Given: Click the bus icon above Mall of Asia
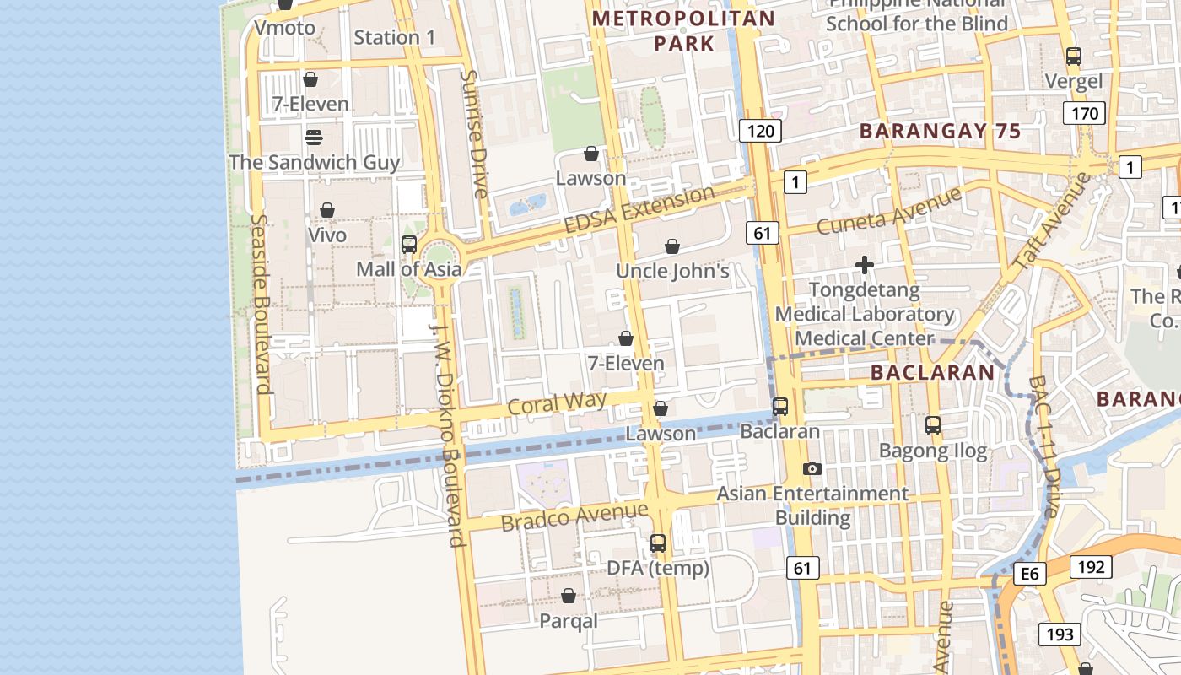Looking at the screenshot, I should point(409,245).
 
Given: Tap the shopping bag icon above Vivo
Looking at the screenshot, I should point(326,210).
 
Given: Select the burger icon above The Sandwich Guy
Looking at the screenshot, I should point(314,137).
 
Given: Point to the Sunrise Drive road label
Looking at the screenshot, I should point(475,133).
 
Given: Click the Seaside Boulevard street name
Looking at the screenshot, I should point(261,304).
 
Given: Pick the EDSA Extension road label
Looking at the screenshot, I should point(639,210).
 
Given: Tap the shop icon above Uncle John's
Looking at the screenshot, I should point(672,246).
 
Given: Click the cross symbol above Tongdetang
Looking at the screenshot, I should point(864,266).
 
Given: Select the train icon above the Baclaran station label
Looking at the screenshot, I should point(780,407).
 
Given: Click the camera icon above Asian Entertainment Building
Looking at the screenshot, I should point(812,468).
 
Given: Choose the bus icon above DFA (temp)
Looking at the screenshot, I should point(658,543).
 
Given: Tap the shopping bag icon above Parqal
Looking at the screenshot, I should point(569,597).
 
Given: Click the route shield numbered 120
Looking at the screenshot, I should point(760,131).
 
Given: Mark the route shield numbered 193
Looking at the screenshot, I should point(1060,634).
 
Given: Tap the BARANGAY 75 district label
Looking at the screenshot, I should point(940,131).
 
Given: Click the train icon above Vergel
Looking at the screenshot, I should point(1073,57).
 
